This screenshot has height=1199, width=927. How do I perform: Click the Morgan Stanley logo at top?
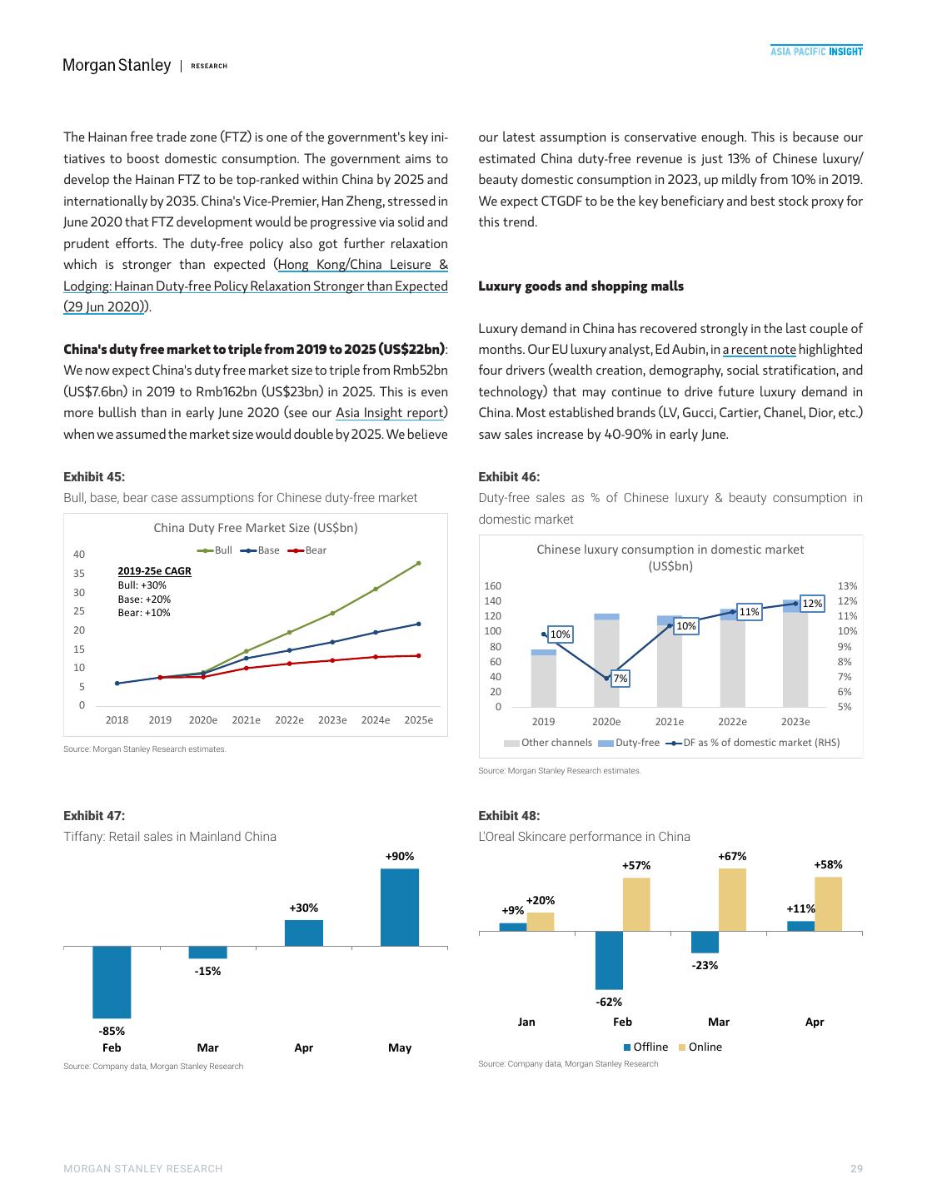point(117,66)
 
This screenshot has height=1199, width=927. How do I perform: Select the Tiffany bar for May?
point(400,907)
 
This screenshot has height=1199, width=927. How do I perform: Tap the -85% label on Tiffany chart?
point(112,1031)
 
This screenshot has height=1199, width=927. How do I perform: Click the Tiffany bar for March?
point(207,953)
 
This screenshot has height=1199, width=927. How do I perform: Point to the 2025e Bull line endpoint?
point(418,564)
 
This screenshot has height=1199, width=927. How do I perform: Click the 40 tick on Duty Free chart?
point(79,555)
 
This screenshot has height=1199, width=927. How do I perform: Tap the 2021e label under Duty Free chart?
point(246,720)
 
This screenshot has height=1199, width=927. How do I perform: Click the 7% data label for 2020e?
point(620,679)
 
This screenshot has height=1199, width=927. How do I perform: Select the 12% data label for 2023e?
point(812,603)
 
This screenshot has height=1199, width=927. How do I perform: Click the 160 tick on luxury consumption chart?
point(492,586)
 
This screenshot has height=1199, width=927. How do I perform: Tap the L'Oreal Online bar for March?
point(732,899)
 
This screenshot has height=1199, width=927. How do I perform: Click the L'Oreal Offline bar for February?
point(609,959)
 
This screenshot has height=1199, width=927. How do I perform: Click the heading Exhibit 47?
point(94,816)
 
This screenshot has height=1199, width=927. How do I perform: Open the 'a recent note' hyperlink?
point(759,350)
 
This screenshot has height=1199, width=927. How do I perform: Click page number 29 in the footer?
point(856,1169)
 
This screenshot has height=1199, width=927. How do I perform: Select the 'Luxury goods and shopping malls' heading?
point(581,286)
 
